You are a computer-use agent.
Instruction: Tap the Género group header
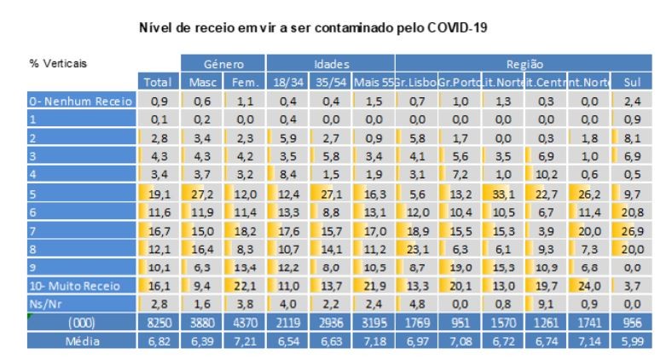click(x=223, y=64)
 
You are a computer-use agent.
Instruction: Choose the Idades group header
click(x=330, y=64)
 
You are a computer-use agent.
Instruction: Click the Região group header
click(x=524, y=64)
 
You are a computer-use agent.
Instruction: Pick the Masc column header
click(x=201, y=82)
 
